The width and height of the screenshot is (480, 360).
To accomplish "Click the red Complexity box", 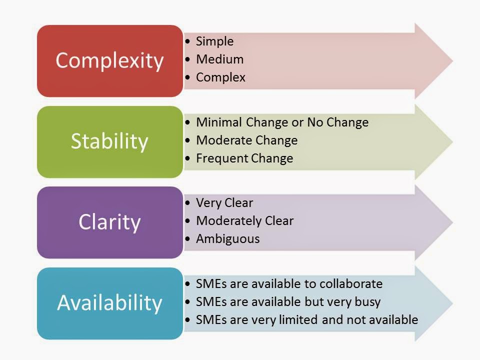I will click(109, 60).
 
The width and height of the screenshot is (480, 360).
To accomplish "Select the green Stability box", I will click(109, 141).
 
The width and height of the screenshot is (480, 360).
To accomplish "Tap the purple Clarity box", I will click(109, 222).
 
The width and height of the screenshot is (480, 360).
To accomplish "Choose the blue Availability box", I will click(109, 303).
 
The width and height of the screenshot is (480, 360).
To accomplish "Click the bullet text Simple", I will click(215, 41).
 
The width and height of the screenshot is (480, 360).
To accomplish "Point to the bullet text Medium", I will click(220, 59).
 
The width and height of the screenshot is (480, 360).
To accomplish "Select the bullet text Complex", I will click(221, 77).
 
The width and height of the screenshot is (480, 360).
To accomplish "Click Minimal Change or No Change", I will click(282, 122).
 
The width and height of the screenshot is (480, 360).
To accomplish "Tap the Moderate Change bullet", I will click(247, 140).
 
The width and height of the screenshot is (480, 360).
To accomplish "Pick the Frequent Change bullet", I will click(244, 158).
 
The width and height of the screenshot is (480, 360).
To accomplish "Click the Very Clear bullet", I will click(225, 202).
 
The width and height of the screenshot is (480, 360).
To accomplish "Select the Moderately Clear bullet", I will click(245, 220).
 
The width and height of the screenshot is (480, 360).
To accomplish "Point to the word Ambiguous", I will click(228, 239).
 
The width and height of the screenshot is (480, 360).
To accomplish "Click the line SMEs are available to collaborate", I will click(289, 284).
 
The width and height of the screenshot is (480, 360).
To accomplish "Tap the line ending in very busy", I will click(288, 302).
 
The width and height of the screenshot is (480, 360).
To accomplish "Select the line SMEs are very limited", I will click(307, 320).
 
